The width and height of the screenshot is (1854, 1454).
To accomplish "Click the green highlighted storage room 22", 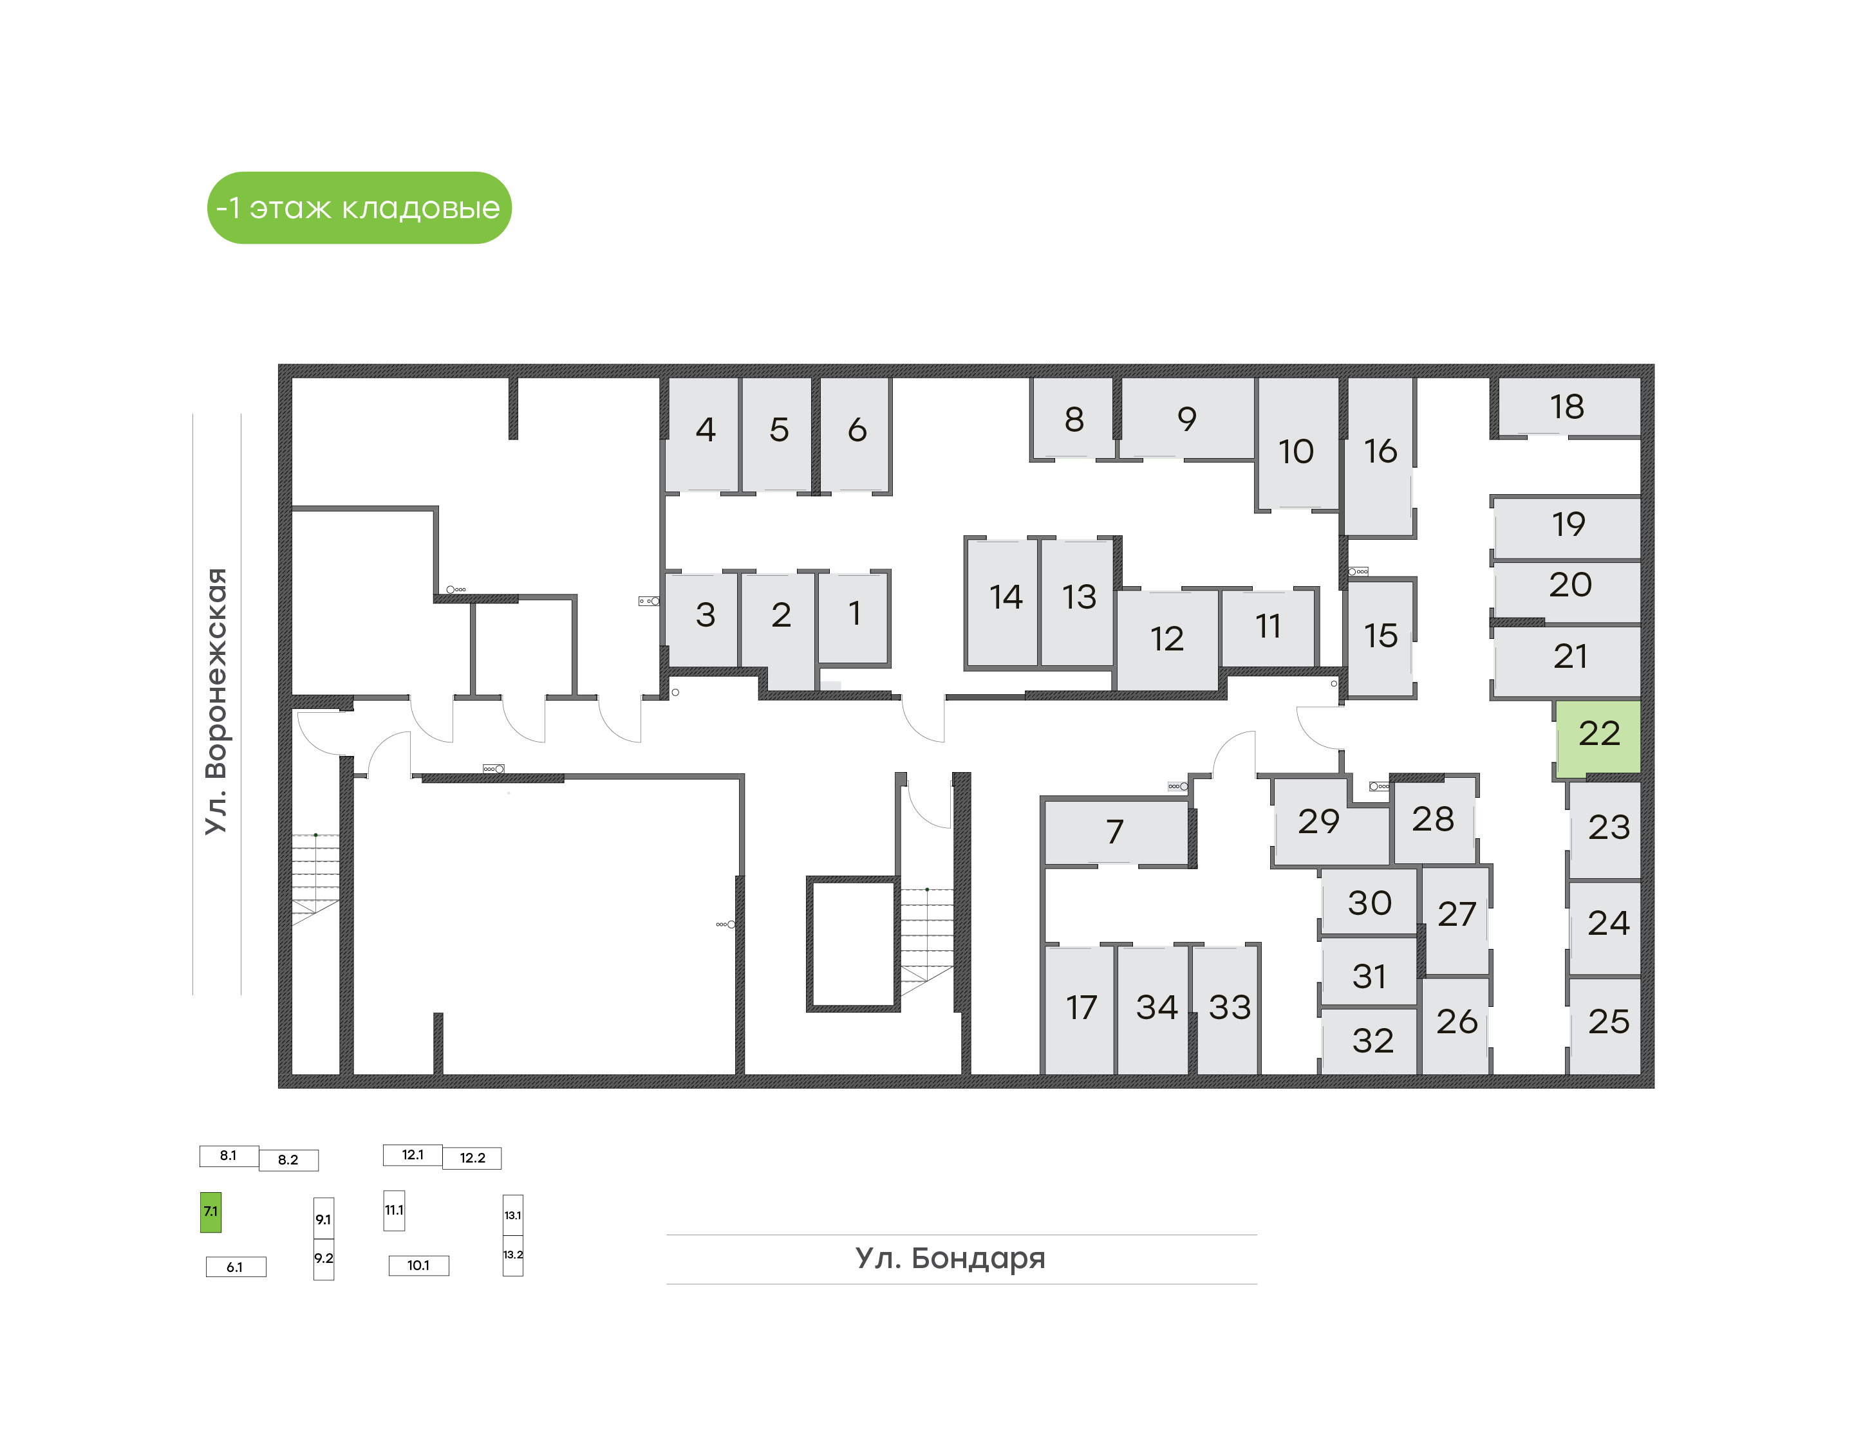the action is point(1598,737).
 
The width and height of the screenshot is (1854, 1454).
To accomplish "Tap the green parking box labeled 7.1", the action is point(211,1211).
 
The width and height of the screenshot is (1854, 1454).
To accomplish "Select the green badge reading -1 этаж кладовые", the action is point(359,208).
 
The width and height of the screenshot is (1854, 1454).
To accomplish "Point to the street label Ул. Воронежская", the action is point(216,701).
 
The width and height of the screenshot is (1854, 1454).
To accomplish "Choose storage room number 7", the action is point(1115,832).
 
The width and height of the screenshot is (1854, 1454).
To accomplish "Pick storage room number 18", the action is point(1569,407).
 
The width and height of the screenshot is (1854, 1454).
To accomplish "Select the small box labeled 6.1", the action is point(236,1267).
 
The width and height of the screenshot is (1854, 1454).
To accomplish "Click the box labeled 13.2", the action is point(512,1256).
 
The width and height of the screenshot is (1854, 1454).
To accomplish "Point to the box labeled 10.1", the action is point(418,1265).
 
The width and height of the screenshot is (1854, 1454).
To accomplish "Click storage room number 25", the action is point(1606,1025).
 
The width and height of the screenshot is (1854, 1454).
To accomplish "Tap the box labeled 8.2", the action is point(288,1159).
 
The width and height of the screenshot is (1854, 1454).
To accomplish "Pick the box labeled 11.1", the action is point(395,1210).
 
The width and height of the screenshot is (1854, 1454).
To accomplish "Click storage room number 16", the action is point(1380,456).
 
